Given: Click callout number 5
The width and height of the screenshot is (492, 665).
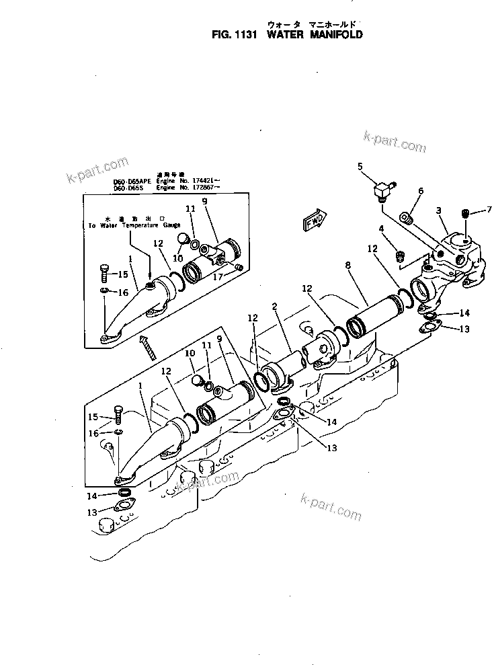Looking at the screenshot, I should coord(360,166).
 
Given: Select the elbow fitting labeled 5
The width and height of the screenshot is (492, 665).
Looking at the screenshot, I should coord(383,191).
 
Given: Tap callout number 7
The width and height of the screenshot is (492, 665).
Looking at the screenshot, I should coord(489,210).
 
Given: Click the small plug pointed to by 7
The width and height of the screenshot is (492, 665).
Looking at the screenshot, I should coord(464,213).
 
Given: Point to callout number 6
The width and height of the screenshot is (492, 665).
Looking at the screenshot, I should coord(421,191).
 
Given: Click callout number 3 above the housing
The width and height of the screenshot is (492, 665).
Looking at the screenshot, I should coord(438,210).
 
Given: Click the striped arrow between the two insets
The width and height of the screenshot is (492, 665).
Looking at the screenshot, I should coord(147,347).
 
